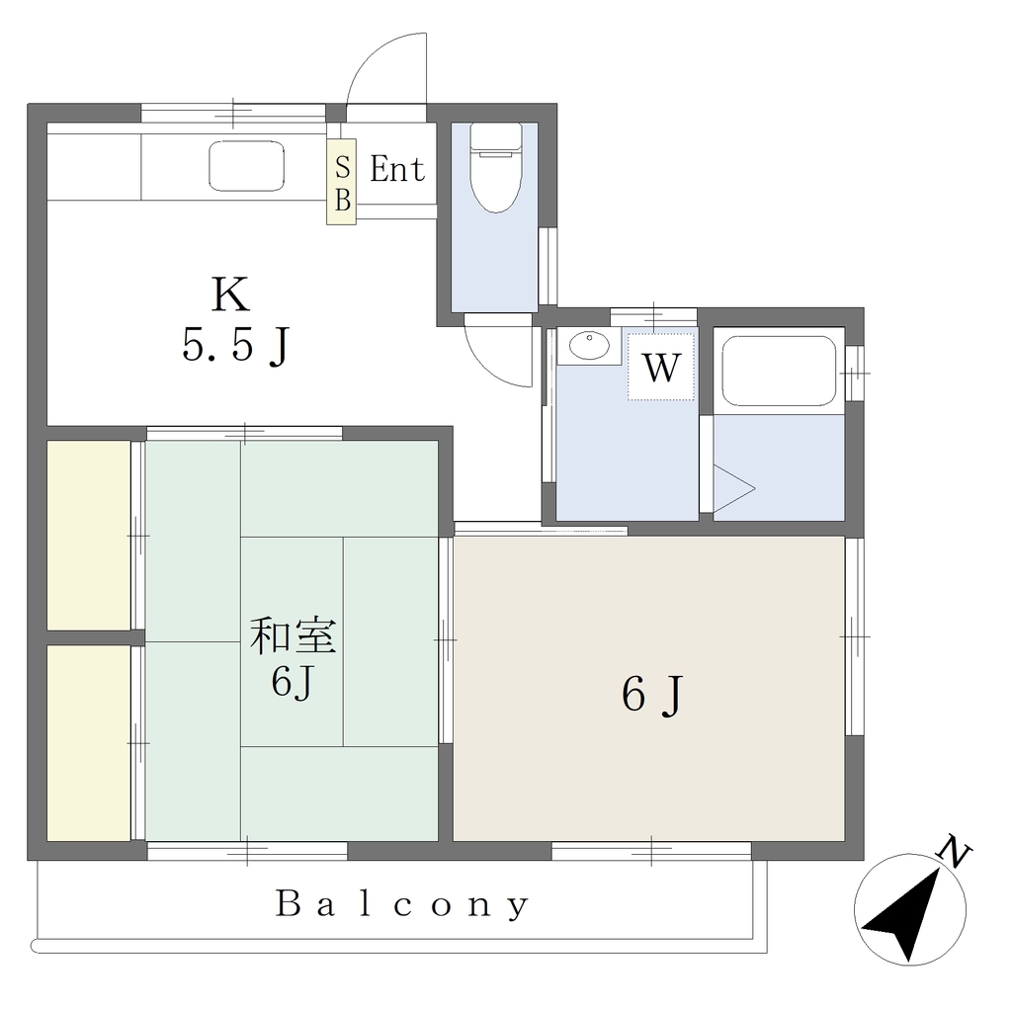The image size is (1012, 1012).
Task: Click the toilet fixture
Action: [495, 168]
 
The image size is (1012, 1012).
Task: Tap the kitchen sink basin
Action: [246, 166]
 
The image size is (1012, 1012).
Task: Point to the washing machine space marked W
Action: [661, 367]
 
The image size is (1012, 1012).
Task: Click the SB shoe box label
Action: [341, 183]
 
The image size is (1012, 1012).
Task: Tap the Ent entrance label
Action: [397, 170]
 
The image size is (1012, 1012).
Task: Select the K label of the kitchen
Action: [229, 295]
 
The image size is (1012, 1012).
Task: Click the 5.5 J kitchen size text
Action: [235, 346]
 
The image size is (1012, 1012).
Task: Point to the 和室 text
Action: [293, 635]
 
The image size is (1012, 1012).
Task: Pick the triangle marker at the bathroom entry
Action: [732, 488]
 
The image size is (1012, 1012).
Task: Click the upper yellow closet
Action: [89, 535]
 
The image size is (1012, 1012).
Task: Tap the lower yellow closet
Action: [89, 743]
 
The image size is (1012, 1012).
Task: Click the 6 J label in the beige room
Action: [651, 696]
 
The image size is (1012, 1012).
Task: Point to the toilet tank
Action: [495, 136]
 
